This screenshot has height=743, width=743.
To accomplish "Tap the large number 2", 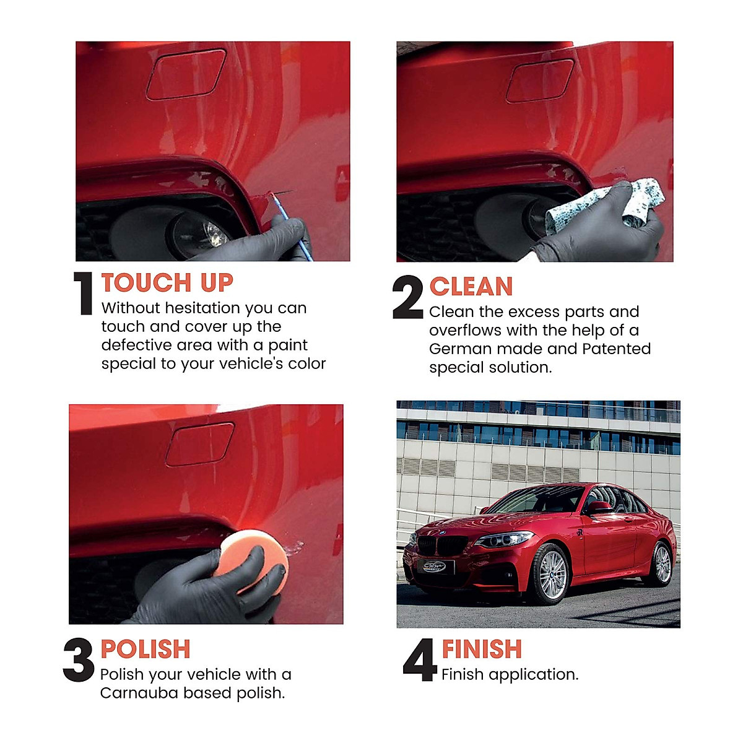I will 408,298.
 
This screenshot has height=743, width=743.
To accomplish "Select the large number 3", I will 79,661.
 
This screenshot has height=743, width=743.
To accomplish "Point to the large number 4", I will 420,661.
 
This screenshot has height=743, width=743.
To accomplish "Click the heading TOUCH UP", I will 167,283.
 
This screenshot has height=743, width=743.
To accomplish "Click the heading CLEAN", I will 471,287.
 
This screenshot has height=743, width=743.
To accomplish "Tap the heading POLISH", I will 146,650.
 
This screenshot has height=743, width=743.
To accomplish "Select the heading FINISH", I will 482,650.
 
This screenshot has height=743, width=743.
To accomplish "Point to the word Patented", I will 616,349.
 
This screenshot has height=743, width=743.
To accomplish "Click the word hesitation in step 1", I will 201,308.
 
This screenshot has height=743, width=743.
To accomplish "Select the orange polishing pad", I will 255,557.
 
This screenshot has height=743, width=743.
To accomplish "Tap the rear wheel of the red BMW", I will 661,564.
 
